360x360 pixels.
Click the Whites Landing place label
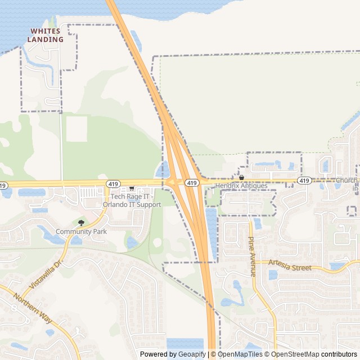tap(47, 35)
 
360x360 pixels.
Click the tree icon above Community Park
tap(82, 223)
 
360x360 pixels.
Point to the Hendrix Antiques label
tap(241, 186)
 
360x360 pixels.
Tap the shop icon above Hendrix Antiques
tap(241, 178)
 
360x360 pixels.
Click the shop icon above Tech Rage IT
tap(132, 188)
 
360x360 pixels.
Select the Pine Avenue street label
tap(251, 256)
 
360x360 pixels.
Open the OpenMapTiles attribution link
tap(240, 354)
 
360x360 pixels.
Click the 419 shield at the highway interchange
tap(192, 183)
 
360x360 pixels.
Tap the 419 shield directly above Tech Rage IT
tap(113, 184)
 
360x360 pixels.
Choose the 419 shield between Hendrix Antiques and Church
tap(304, 181)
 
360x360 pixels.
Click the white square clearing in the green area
tap(76, 129)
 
